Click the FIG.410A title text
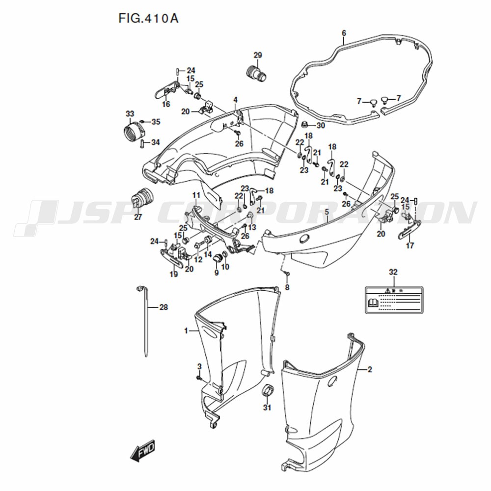pos(148,19)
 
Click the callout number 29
pos(258,55)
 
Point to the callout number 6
pos(344,33)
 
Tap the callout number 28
pos(164,308)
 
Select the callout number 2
pos(370,369)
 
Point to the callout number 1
pos(186,331)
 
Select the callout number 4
pos(235,100)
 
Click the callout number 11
pos(195,195)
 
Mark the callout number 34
pos(156,142)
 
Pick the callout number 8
pos(288,287)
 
